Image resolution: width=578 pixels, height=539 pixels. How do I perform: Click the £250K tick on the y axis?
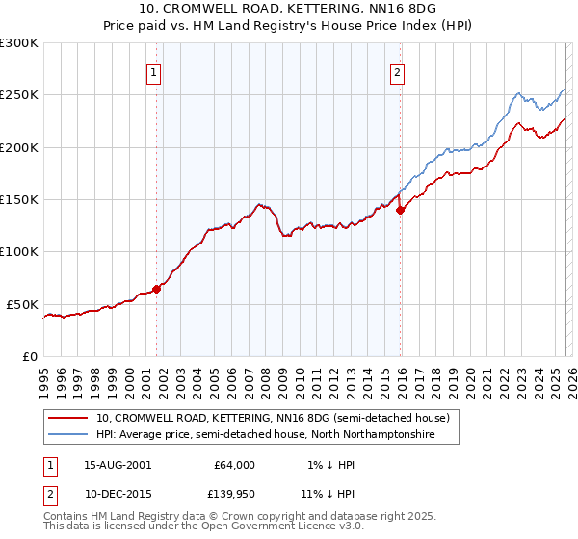19,95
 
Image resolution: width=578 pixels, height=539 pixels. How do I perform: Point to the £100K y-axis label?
19,252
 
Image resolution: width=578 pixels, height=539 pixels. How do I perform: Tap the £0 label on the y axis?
32,356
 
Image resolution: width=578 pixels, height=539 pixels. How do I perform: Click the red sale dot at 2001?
156,289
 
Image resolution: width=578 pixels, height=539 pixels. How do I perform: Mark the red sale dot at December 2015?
401,210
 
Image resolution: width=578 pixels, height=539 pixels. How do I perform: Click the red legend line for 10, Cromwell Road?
69,419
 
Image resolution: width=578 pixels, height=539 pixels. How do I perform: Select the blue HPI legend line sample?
69,435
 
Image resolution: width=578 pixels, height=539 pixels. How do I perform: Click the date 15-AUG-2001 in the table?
118,465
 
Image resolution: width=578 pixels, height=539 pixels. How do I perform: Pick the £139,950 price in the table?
234,492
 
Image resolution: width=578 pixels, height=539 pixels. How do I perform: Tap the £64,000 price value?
234,465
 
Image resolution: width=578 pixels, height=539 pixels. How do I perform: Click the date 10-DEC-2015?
118,492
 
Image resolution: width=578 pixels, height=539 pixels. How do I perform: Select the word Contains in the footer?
66,516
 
